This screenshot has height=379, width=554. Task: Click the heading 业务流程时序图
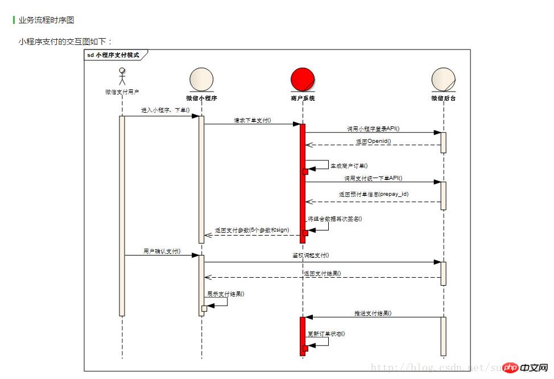(46, 20)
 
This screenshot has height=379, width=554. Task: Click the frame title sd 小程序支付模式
(113, 55)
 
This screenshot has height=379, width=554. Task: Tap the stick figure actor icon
(122, 75)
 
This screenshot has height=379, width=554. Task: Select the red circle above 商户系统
(303, 79)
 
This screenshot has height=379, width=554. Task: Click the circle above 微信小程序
(201, 79)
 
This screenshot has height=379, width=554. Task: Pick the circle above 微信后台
(443, 79)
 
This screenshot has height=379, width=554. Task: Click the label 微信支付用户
(122, 92)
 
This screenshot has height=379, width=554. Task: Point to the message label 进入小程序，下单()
(166, 110)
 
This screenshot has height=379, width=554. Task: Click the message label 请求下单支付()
(252, 120)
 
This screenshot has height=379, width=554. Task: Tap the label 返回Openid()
(374, 141)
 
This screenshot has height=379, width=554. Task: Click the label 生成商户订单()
(349, 165)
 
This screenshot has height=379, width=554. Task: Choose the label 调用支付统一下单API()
(373, 178)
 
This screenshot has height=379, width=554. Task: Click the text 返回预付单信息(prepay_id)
(374, 194)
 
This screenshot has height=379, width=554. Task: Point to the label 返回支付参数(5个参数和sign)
(252, 230)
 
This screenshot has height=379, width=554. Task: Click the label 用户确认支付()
(162, 251)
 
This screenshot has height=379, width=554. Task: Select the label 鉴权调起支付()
(307, 256)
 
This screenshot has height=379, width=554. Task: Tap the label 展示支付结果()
(226, 294)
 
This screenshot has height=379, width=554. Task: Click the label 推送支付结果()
(373, 313)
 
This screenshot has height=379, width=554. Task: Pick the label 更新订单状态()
(326, 333)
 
